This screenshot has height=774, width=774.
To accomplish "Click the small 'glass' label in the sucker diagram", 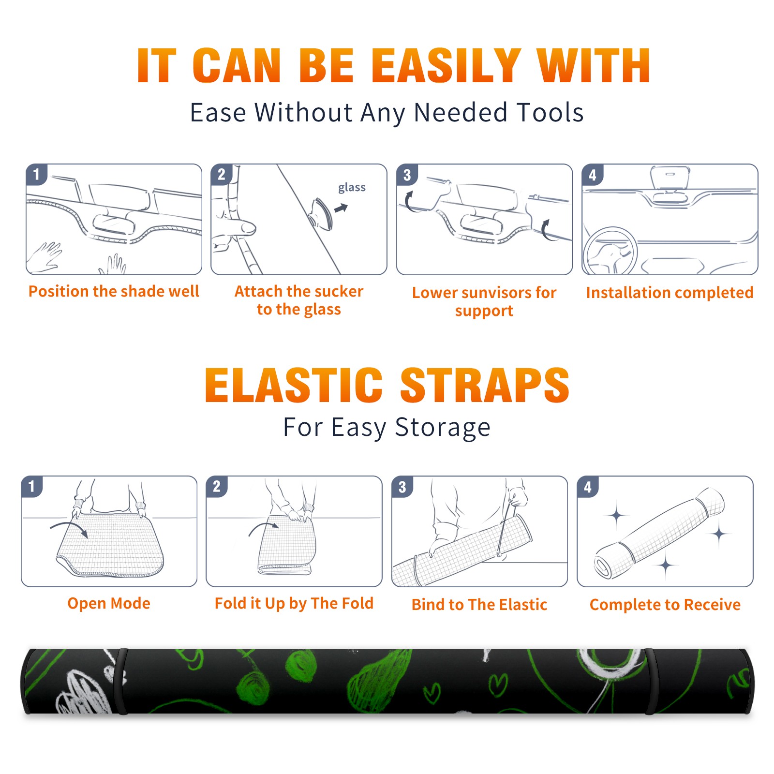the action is pyautogui.click(x=352, y=188).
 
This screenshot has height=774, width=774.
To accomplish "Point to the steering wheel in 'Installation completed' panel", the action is pyautogui.click(x=610, y=251).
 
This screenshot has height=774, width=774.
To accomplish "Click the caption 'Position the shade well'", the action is pyautogui.click(x=114, y=291).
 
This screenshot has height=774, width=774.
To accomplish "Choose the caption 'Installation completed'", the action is pyautogui.click(x=670, y=292).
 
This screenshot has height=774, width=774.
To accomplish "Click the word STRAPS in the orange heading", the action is pyautogui.click(x=485, y=385).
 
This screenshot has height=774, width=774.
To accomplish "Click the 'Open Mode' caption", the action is pyautogui.click(x=109, y=603).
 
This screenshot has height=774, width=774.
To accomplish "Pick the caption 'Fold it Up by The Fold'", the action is pyautogui.click(x=294, y=604).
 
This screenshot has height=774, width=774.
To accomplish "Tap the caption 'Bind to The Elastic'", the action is pyautogui.click(x=479, y=605).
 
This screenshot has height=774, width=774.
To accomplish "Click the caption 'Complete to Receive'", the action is pyautogui.click(x=665, y=605).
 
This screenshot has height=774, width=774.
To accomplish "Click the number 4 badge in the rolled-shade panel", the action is pyautogui.click(x=588, y=487).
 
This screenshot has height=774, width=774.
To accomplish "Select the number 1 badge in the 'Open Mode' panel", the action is pyautogui.click(x=32, y=487).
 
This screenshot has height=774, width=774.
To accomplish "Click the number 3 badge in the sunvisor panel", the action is pyautogui.click(x=407, y=175).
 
